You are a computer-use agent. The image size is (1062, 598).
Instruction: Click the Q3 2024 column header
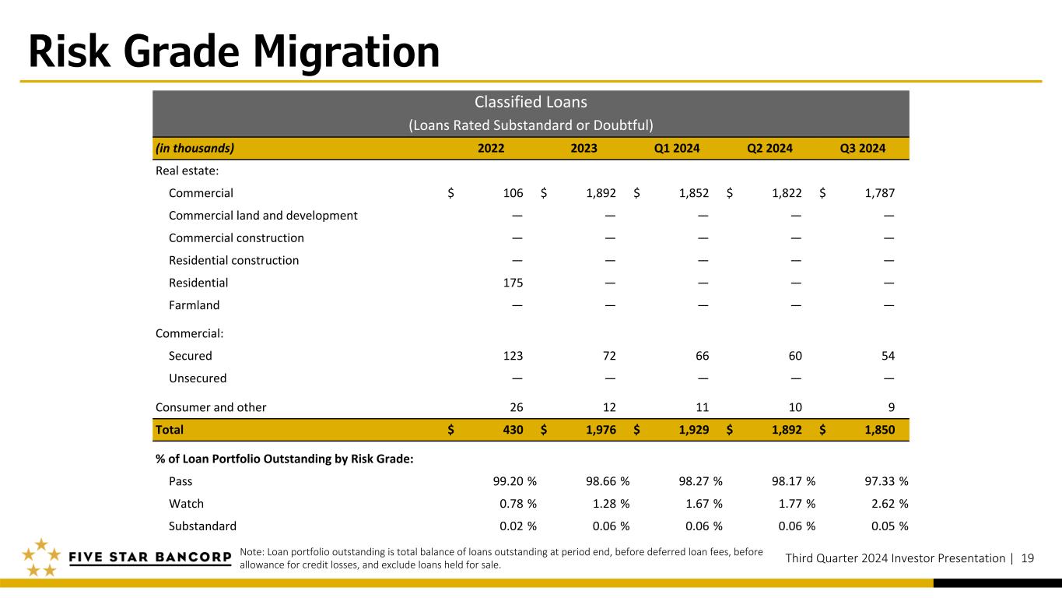(x=862, y=149)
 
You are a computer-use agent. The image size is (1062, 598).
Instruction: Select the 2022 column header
(x=491, y=149)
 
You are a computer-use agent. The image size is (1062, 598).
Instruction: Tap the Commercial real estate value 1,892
(x=601, y=193)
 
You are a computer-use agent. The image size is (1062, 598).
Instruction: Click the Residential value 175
(x=513, y=283)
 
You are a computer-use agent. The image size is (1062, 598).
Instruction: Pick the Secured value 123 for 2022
(x=513, y=356)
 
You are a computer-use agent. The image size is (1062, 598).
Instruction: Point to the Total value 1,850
(x=879, y=430)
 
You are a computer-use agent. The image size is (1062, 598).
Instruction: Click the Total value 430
(x=513, y=430)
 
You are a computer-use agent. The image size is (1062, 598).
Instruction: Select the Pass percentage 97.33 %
(x=886, y=481)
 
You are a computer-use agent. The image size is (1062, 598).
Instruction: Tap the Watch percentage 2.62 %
(x=889, y=504)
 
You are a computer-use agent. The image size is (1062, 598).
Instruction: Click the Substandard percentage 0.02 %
(x=517, y=526)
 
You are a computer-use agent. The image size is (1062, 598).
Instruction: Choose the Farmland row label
(x=194, y=305)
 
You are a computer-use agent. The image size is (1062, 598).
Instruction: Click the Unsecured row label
(x=198, y=378)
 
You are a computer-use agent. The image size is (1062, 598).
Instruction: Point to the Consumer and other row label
(x=211, y=407)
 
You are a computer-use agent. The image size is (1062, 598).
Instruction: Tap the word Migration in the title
(x=346, y=52)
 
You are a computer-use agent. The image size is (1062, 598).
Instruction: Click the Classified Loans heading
(x=531, y=102)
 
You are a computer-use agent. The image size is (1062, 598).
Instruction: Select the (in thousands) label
(x=195, y=149)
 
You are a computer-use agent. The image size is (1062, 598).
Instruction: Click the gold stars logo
(x=41, y=558)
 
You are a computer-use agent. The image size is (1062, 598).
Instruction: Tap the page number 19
(x=1028, y=558)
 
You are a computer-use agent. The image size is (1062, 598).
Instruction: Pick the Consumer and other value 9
(x=892, y=407)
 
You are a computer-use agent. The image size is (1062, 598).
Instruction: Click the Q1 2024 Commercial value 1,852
(x=694, y=193)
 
